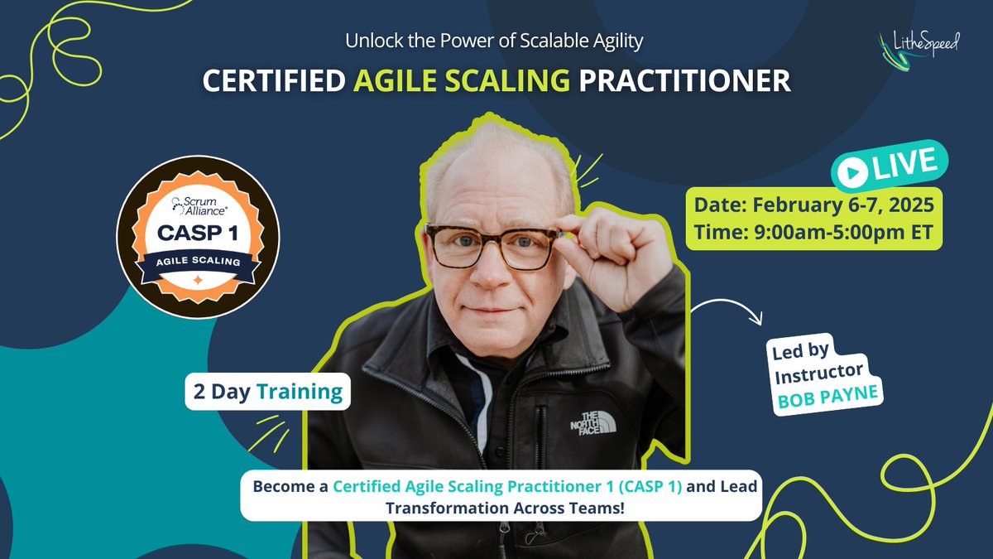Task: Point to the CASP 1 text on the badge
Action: coord(198,234)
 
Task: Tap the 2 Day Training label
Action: coord(267,392)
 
